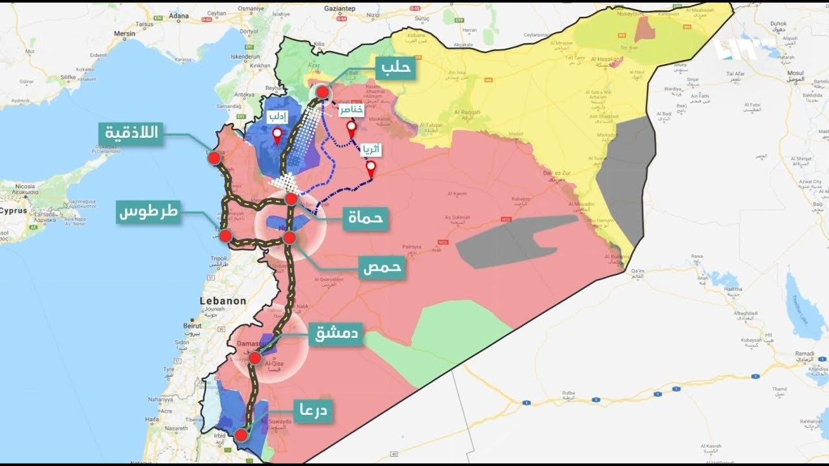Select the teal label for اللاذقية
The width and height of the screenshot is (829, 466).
(x=131, y=134)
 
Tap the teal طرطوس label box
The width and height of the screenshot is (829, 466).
(x=148, y=212)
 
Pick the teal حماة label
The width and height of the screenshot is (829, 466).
(x=365, y=219)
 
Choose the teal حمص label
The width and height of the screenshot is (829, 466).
(x=381, y=266)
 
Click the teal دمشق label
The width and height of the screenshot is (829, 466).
(x=335, y=335)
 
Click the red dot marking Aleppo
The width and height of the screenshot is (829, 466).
(x=322, y=93)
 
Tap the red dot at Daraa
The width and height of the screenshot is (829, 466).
(x=241, y=435)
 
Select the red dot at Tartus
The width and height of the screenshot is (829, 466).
(x=225, y=236)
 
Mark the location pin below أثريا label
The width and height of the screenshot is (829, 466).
(x=370, y=170)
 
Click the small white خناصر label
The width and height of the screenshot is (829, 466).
(x=351, y=111)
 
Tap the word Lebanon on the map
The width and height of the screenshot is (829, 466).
(x=223, y=301)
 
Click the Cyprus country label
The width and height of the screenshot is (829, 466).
(x=13, y=211)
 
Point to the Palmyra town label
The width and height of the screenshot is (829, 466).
(x=412, y=247)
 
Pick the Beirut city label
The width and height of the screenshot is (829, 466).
(x=192, y=326)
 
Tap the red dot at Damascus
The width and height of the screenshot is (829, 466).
(x=255, y=358)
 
